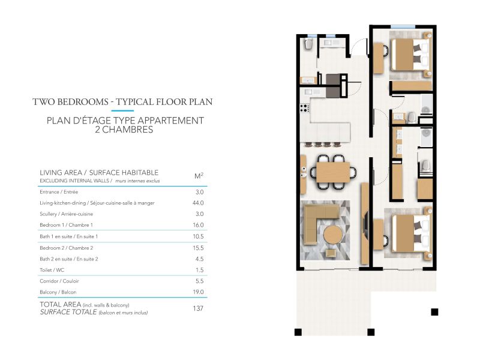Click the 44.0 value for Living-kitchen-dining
tap(198, 203)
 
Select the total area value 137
tap(198, 308)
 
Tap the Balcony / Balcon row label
tap(58, 292)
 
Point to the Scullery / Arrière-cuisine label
tap(67, 214)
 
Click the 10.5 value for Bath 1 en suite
tap(198, 236)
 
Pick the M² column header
tap(199, 176)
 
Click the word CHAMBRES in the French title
tap(127, 130)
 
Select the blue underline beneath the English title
tap(122, 110)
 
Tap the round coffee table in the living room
tap(333, 235)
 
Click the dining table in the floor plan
tap(333, 172)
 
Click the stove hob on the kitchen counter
tap(305, 108)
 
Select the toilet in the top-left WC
tap(308, 44)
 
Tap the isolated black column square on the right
tap(434, 312)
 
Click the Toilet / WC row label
tap(52, 270)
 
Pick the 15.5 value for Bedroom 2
tap(198, 248)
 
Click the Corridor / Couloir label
tap(59, 281)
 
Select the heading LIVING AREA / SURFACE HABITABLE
tap(99, 173)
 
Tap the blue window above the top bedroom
tap(403, 27)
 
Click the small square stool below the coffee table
tap(331, 253)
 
